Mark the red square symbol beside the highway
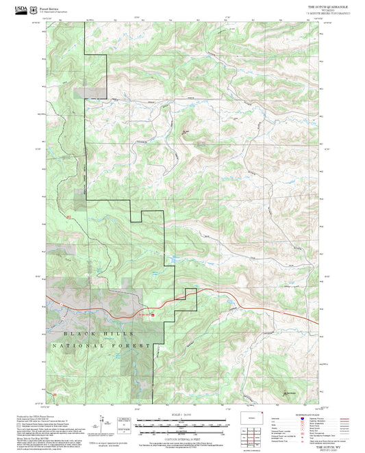[152, 315]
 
